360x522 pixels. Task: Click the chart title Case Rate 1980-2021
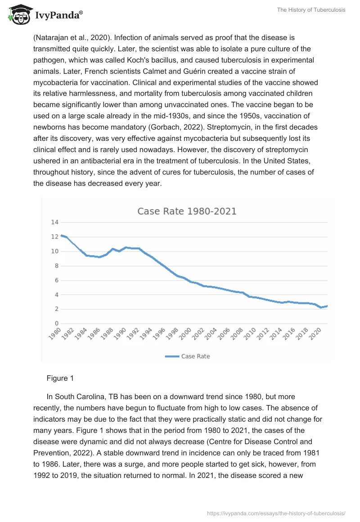pyautogui.click(x=187, y=211)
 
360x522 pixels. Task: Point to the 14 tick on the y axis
pyautogui.click(x=55, y=222)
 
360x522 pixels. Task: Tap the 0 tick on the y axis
pyautogui.click(x=57, y=324)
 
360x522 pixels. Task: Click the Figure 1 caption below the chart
pyautogui.click(x=60, y=378)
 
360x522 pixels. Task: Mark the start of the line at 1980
pyautogui.click(x=61, y=235)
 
